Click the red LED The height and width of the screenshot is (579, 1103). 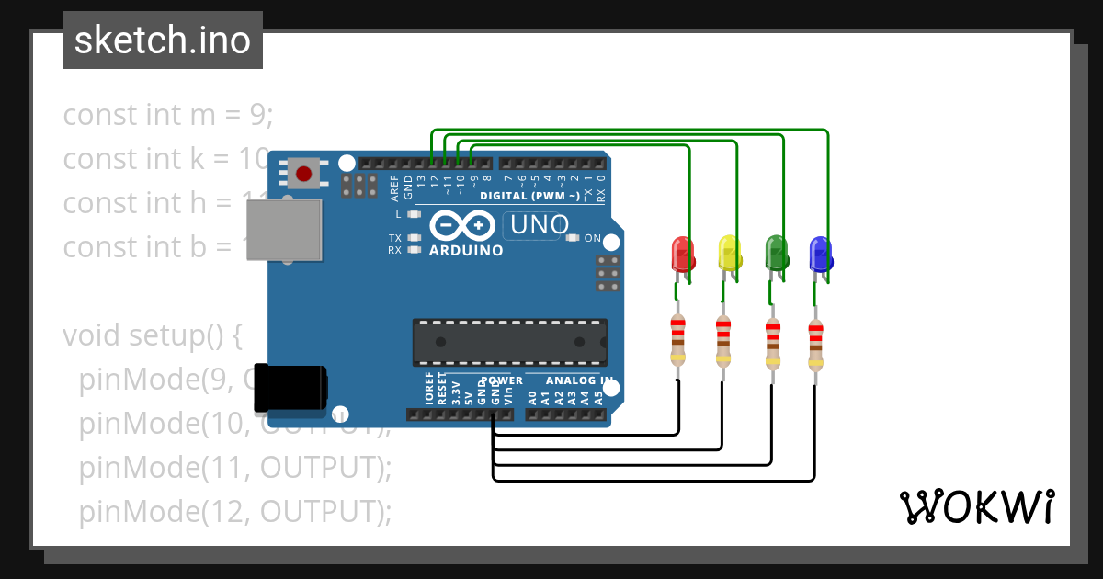(x=682, y=254)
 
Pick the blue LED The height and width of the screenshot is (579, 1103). (x=820, y=254)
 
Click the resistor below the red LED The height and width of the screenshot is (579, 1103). (x=677, y=340)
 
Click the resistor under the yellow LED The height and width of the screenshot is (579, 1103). (x=723, y=340)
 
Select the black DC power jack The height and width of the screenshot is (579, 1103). (x=290, y=388)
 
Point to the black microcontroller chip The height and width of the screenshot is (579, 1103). (x=509, y=342)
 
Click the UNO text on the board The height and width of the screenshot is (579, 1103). (x=539, y=224)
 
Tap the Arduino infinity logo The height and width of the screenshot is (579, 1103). (x=465, y=225)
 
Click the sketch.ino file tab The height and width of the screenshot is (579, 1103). (x=163, y=40)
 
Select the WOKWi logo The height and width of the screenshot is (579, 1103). (x=976, y=506)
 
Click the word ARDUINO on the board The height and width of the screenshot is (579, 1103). (x=466, y=250)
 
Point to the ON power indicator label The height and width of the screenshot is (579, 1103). (x=592, y=239)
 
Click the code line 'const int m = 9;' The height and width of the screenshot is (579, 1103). (x=168, y=115)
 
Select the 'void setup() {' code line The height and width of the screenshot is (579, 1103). (x=152, y=335)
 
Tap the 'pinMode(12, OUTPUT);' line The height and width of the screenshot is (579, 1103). (x=235, y=512)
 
